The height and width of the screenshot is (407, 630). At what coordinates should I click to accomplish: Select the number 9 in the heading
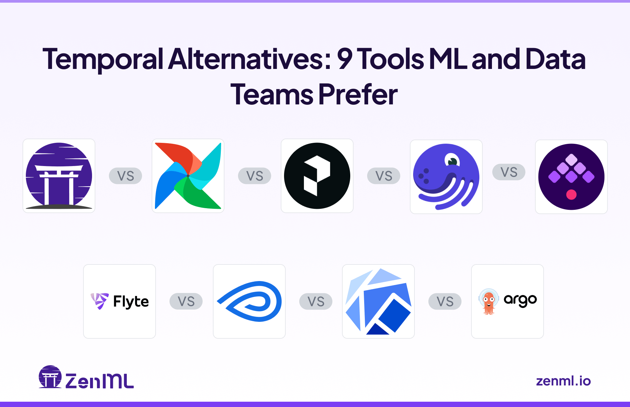click(344, 59)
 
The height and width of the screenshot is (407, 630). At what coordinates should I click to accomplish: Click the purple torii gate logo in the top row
click(59, 176)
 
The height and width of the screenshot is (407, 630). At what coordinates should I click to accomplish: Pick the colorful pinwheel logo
click(188, 176)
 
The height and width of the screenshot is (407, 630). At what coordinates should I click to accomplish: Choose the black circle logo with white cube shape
click(317, 176)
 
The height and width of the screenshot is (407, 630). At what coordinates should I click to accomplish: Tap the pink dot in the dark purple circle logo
click(571, 195)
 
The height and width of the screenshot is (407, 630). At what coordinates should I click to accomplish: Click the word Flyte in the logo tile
click(131, 301)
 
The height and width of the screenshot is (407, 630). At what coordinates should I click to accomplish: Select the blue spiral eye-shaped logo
click(249, 301)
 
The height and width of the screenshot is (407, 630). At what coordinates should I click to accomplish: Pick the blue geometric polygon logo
click(378, 301)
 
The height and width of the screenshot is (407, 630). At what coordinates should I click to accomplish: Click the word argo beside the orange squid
click(520, 300)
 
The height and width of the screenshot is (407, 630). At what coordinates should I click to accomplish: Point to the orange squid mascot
click(489, 301)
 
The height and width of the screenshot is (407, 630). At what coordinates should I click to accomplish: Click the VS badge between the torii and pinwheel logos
click(125, 176)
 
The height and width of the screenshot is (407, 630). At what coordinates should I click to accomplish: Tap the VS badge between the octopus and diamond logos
click(509, 172)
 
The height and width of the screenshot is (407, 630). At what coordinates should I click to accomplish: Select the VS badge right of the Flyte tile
click(186, 301)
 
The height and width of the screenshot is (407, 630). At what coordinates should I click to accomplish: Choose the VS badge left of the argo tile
click(445, 301)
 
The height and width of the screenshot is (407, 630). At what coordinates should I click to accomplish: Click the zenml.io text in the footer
click(563, 381)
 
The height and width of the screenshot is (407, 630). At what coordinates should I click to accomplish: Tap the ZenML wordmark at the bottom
click(99, 381)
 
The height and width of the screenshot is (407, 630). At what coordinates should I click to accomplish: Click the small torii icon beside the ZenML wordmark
click(50, 377)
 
